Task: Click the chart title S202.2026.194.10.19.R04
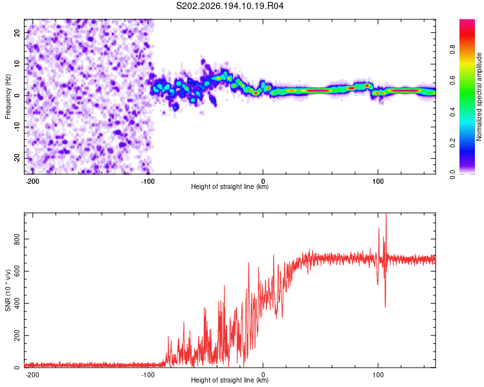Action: tap(230, 6)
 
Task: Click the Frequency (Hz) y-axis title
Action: tap(8, 97)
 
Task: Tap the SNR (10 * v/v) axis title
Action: tap(8, 290)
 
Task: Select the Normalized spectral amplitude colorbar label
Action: tap(479, 97)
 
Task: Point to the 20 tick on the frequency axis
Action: tap(17, 32)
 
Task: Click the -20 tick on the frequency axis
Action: tap(17, 158)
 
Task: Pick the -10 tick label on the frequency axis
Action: tap(17, 127)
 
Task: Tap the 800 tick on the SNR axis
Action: tap(17, 239)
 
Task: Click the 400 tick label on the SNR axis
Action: tap(17, 303)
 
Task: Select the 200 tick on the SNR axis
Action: tap(17, 335)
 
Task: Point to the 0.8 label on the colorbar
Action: tap(452, 50)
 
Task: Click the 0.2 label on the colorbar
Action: tap(452, 143)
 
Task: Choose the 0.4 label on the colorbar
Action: tap(452, 112)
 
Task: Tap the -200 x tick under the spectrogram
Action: tap(32, 181)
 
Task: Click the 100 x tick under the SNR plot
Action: tap(378, 375)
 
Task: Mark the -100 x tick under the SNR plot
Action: tap(148, 375)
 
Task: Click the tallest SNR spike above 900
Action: tap(386, 214)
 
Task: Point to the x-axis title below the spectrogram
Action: tap(230, 186)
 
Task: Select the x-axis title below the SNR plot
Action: tap(230, 380)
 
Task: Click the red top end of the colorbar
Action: tap(467, 21)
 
